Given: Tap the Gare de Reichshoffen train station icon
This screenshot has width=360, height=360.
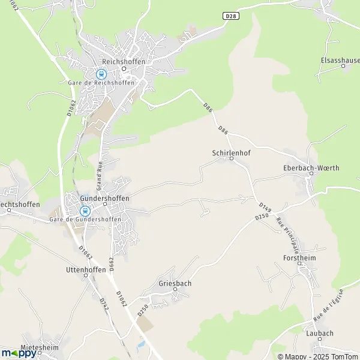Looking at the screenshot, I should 101,74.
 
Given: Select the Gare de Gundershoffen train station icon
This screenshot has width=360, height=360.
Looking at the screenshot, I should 85,211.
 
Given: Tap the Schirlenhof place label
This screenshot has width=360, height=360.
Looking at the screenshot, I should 231,152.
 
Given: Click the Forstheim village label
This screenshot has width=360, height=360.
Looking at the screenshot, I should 299,257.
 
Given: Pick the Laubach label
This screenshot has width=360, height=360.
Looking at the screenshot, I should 319,333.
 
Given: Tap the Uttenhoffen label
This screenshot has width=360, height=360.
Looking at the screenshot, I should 86,270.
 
